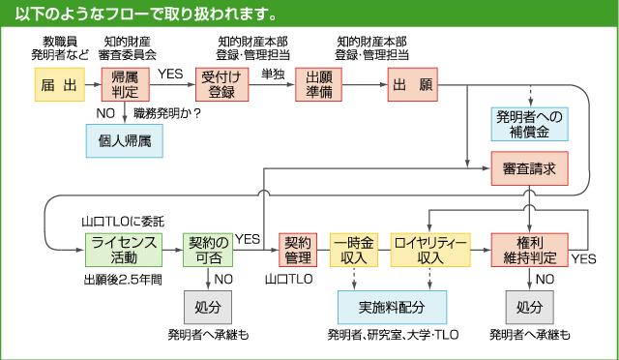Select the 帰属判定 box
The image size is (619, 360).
pyautogui.click(x=125, y=85)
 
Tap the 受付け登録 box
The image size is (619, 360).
pyautogui.click(x=221, y=85)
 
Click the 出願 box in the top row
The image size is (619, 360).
pyautogui.click(x=413, y=85)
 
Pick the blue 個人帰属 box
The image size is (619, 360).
pyautogui.click(x=124, y=141)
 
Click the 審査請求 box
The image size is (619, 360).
pyautogui.click(x=529, y=169)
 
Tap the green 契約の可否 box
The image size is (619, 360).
pyautogui.click(x=209, y=250)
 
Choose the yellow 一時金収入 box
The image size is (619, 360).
pyautogui.click(x=355, y=250)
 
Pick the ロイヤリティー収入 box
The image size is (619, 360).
pyautogui.click(x=430, y=250)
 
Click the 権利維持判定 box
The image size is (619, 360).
pyautogui.click(x=529, y=250)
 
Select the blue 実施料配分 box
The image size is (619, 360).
pyautogui.click(x=393, y=306)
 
